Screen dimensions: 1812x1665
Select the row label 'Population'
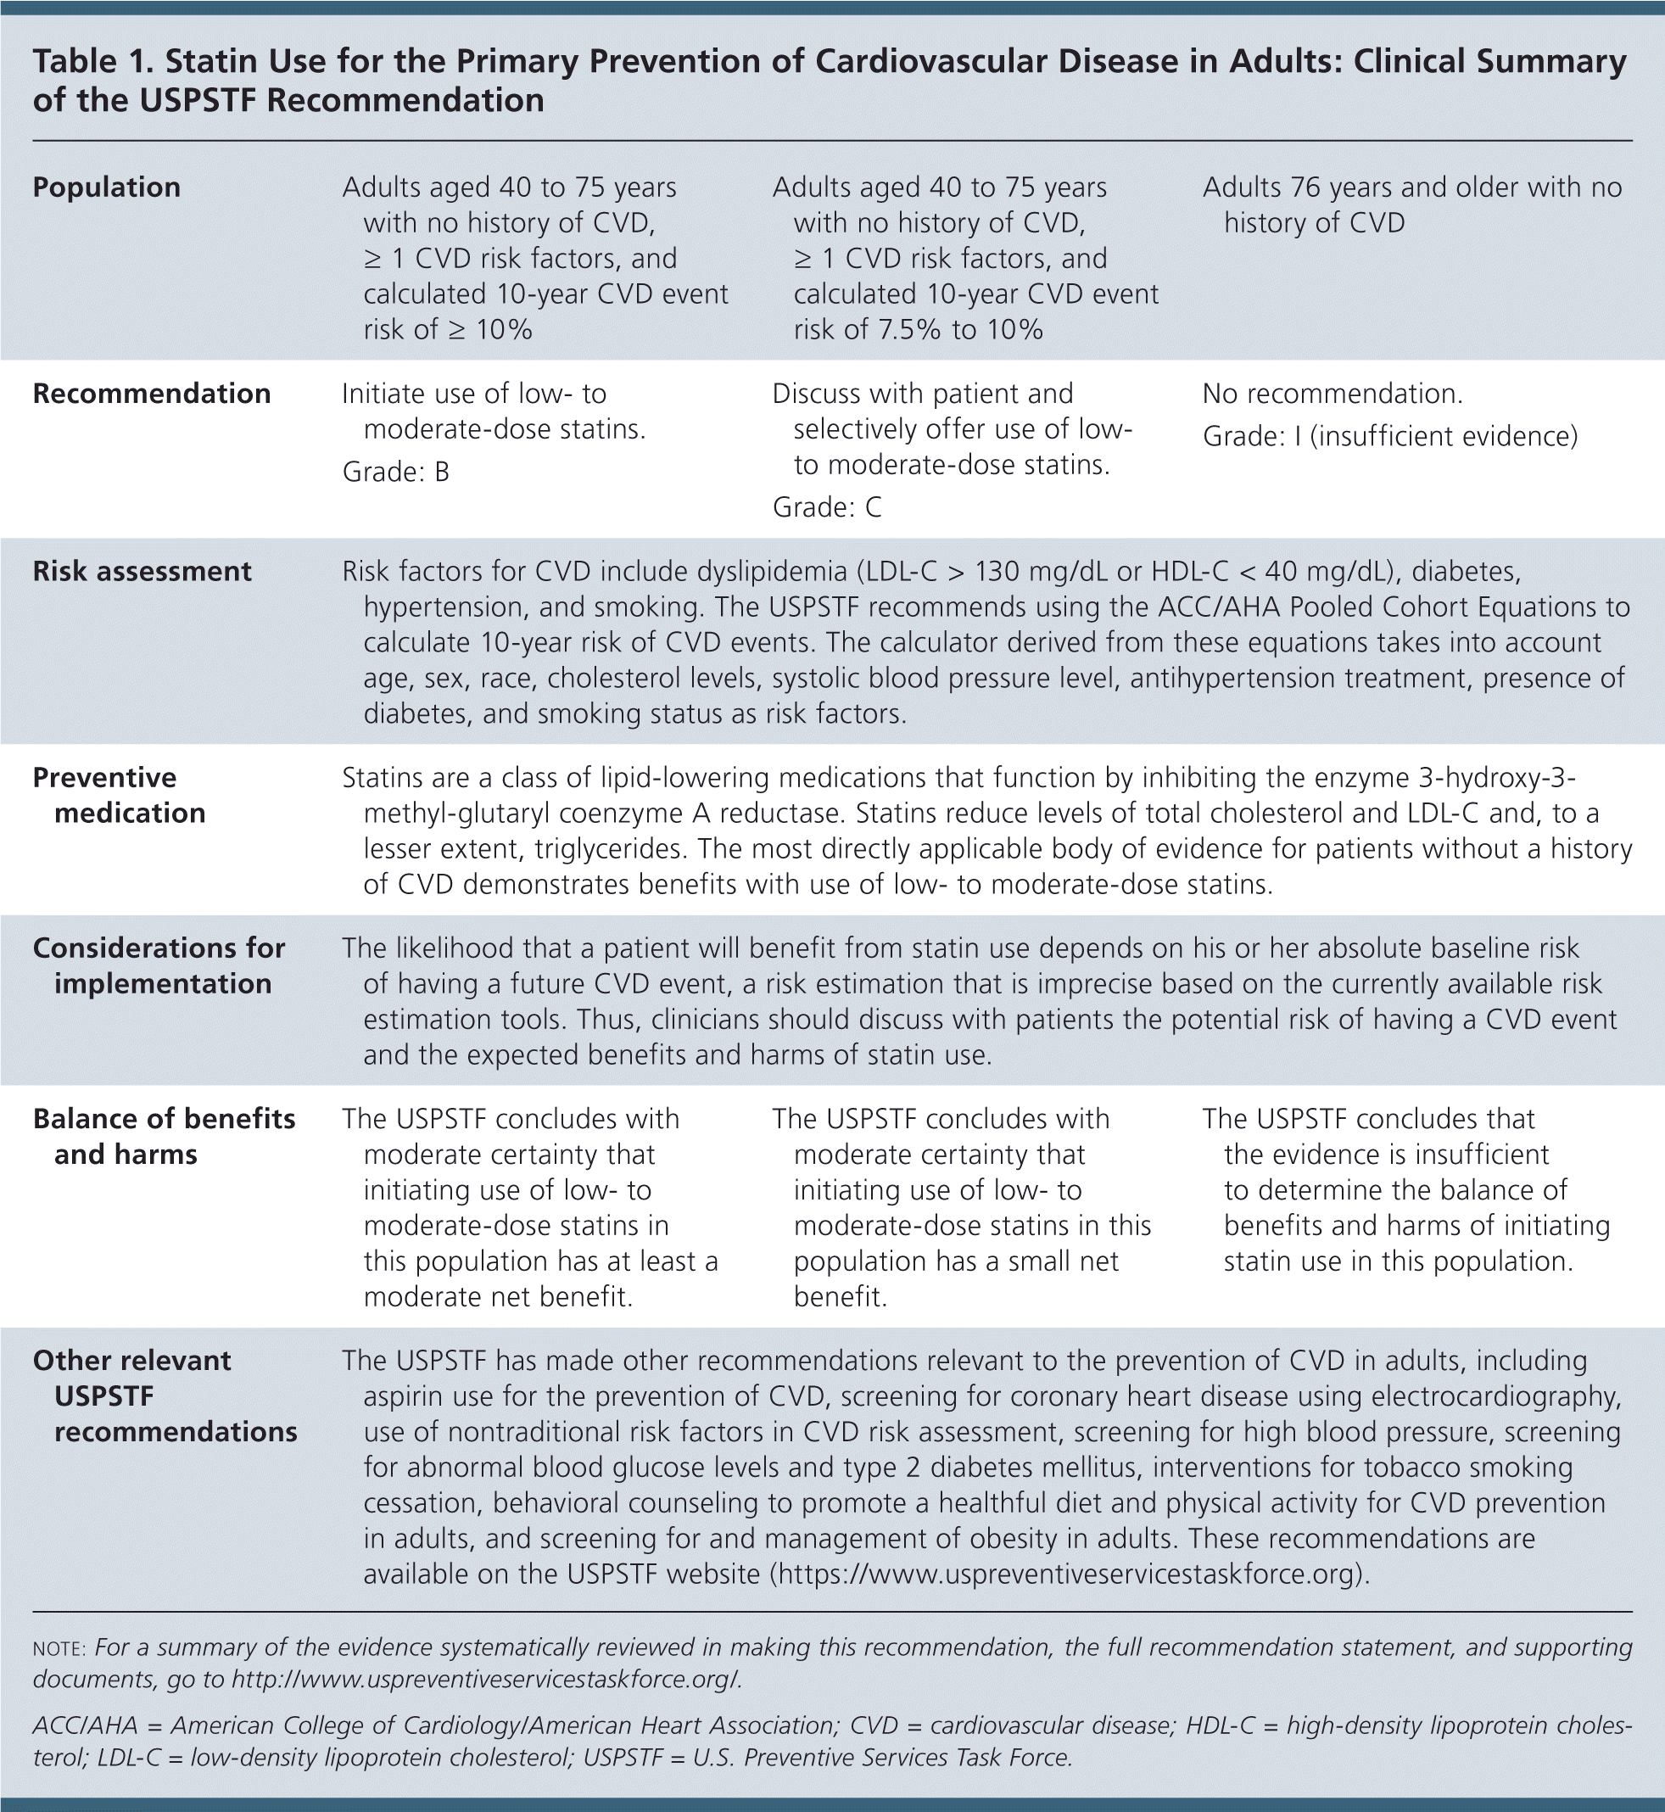(x=106, y=187)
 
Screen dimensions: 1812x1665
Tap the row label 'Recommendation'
(x=151, y=394)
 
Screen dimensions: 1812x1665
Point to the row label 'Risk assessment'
(x=142, y=571)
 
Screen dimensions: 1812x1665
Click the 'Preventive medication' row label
(x=119, y=795)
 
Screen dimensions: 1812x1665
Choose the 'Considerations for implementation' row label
(x=159, y=965)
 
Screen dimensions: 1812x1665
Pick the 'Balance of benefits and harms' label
(x=164, y=1136)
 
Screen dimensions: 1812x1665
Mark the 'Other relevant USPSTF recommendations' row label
(x=165, y=1395)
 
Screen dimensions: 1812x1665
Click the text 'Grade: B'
(x=395, y=473)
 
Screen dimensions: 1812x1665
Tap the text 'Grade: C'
(x=827, y=507)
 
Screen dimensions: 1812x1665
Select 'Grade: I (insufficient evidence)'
(x=1390, y=437)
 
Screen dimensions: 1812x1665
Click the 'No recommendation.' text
(x=1333, y=394)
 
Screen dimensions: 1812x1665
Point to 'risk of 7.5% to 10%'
(x=918, y=330)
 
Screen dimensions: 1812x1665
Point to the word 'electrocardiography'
(x=1495, y=1396)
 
